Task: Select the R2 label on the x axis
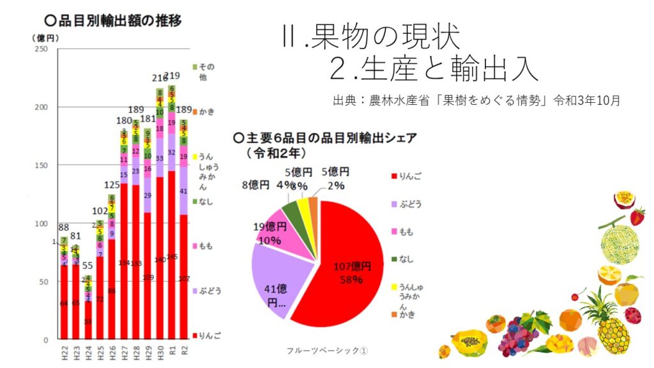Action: coord(183,353)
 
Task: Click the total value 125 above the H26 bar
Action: coord(111,186)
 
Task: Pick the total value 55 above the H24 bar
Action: coord(88,266)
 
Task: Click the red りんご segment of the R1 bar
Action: coord(171,256)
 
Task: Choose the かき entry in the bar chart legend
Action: coord(206,111)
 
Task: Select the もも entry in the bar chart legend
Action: coord(206,246)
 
